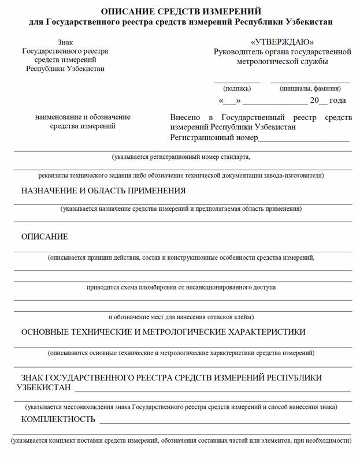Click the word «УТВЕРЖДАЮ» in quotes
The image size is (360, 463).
[283, 42]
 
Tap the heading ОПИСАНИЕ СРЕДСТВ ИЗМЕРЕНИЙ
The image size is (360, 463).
[181, 12]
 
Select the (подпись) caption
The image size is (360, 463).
[237, 89]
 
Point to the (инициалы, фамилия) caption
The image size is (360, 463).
[310, 89]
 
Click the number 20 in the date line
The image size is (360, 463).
[314, 100]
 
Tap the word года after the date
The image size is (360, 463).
[337, 100]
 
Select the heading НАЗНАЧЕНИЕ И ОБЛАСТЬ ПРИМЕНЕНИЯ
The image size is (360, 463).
[103, 191]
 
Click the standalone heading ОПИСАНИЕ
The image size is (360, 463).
[44, 237]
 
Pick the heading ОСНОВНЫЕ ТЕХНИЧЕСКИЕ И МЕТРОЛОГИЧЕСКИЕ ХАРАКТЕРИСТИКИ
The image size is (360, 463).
[164, 332]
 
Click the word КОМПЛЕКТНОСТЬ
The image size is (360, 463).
[58, 419]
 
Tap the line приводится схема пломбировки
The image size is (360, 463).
[181, 287]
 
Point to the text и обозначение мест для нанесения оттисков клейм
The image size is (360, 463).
[181, 317]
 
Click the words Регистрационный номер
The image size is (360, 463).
[214, 138]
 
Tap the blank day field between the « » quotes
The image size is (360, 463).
[230, 102]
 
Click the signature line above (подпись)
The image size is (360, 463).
[237, 83]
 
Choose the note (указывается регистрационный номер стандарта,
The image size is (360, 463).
[181, 156]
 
